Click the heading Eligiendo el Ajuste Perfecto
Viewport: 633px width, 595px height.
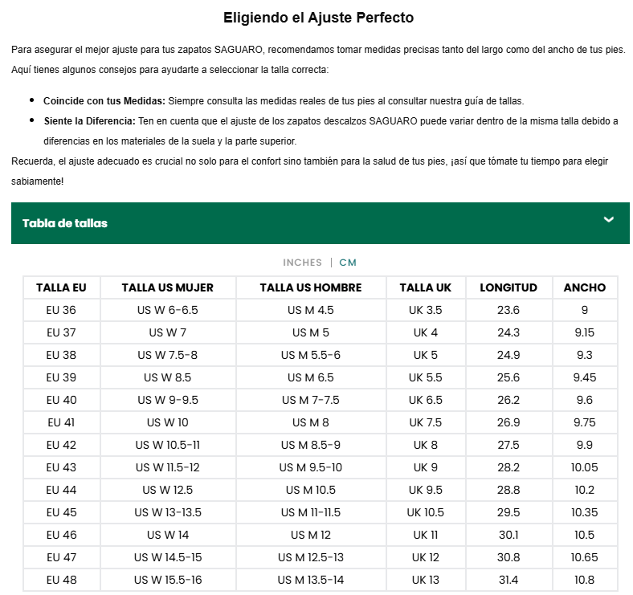click(x=318, y=17)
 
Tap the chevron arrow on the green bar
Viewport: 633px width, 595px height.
click(x=609, y=220)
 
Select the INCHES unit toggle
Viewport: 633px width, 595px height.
click(x=301, y=263)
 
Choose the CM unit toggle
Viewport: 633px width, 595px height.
click(x=348, y=263)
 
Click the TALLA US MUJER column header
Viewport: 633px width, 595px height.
click(x=167, y=287)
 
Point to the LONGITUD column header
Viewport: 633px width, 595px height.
click(x=508, y=287)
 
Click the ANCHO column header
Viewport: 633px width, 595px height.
click(x=585, y=287)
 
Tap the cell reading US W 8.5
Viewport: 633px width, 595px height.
click(x=167, y=377)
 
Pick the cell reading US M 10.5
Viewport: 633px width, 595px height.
click(x=311, y=490)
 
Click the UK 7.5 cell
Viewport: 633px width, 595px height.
click(x=426, y=422)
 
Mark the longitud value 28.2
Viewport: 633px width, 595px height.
click(x=508, y=467)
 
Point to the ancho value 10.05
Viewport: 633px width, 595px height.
click(x=585, y=467)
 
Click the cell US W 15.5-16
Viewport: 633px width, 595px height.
click(x=167, y=580)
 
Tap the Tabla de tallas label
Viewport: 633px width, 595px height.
click(x=65, y=223)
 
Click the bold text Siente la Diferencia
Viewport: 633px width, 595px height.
click(x=89, y=121)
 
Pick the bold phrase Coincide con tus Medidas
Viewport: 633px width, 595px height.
click(x=104, y=101)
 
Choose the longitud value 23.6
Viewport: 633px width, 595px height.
click(x=508, y=310)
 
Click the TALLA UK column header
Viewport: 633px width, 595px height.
click(x=426, y=287)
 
